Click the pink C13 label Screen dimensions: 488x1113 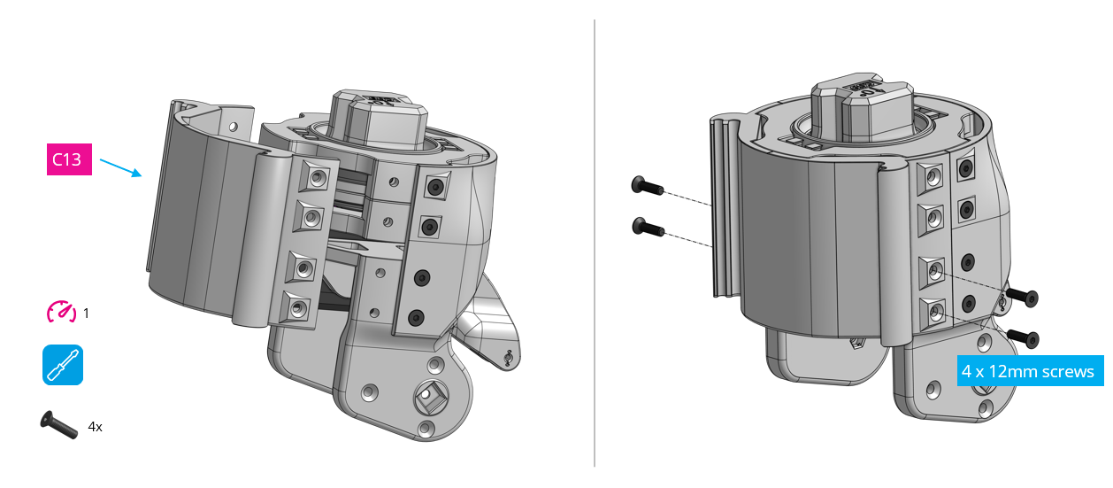(68, 160)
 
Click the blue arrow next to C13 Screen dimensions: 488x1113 (120, 167)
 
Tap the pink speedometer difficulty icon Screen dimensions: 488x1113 (61, 312)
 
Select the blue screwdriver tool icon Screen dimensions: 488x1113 (63, 365)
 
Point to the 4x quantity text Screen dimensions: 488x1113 (96, 427)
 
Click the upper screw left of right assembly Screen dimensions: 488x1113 (647, 186)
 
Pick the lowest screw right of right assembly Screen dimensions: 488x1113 (1023, 337)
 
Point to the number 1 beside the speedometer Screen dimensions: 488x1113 (86, 313)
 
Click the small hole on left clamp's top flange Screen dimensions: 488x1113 (233, 127)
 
